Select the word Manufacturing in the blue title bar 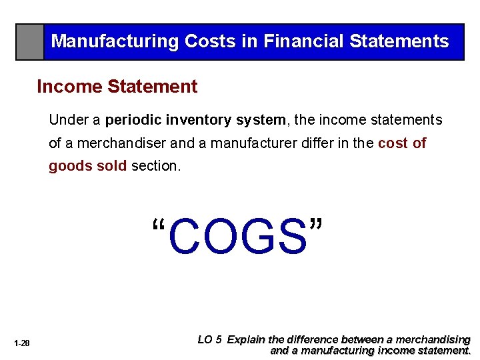click(115, 41)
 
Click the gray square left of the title click(30, 42)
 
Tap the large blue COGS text click(238, 237)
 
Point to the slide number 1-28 click(22, 343)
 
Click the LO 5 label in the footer click(210, 339)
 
